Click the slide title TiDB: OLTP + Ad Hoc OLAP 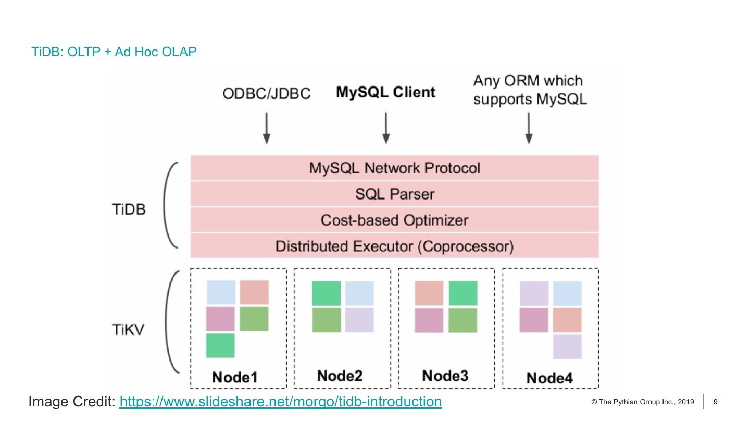point(114,52)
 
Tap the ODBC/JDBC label point(266,94)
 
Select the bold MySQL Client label point(385,93)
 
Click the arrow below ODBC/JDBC point(266,127)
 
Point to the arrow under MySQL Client point(385,127)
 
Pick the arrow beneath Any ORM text point(529,127)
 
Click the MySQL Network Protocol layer point(394,168)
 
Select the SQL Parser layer point(394,194)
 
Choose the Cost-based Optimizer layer point(394,220)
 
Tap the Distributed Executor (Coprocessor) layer point(394,246)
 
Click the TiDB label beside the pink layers point(129,210)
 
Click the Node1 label point(234,377)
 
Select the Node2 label point(340,375)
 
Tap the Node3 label point(445,375)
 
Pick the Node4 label point(549,378)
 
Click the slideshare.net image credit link point(280,402)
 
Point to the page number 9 point(716,402)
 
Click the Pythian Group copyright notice point(643,402)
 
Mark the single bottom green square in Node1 point(220,345)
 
